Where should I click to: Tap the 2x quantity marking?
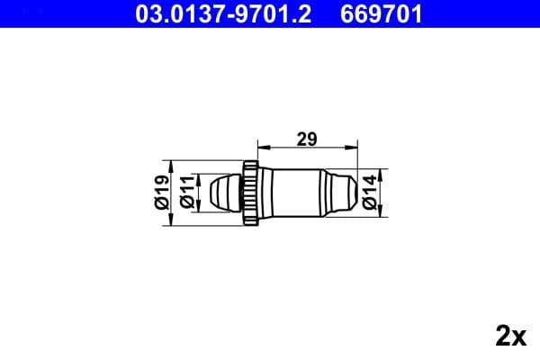509,337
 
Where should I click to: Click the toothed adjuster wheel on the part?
251,190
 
